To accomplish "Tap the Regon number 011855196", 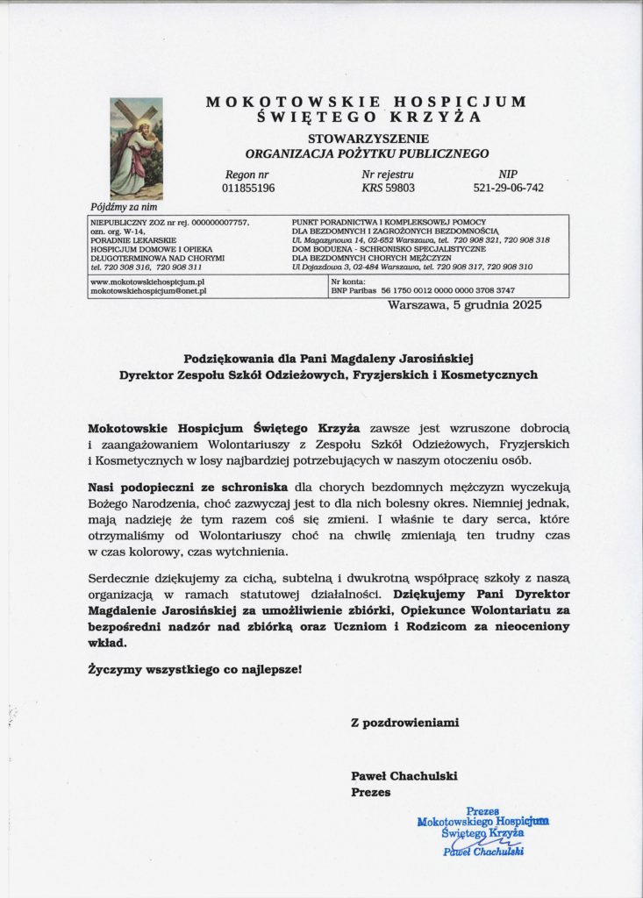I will pyautogui.click(x=248, y=188).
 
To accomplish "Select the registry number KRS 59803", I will pyautogui.click(x=388, y=188).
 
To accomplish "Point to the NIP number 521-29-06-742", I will pyautogui.click(x=508, y=188).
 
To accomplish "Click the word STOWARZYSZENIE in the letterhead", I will pyautogui.click(x=368, y=139).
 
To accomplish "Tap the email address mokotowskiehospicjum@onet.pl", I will pyautogui.click(x=148, y=290).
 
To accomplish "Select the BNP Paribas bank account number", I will pyautogui.click(x=447, y=290).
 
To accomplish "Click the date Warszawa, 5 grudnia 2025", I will pyautogui.click(x=465, y=305).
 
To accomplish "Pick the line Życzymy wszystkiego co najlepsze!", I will pyautogui.click(x=195, y=670).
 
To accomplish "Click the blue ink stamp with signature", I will pyautogui.click(x=483, y=831).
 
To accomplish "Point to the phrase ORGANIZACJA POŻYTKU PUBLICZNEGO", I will pyautogui.click(x=367, y=153).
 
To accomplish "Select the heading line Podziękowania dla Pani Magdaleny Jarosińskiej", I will pyautogui.click(x=329, y=358).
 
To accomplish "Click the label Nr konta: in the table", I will pyautogui.click(x=346, y=282).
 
